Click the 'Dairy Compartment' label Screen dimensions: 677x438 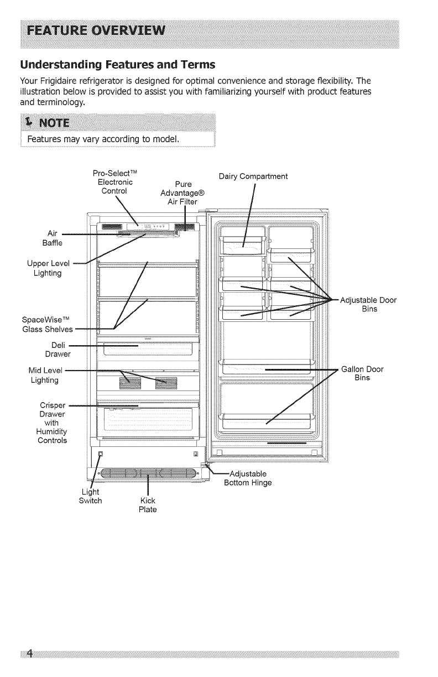click(253, 177)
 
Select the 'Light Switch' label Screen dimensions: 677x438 click(91, 497)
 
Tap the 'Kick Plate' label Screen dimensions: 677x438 click(148, 505)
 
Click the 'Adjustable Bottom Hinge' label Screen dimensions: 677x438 click(247, 478)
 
